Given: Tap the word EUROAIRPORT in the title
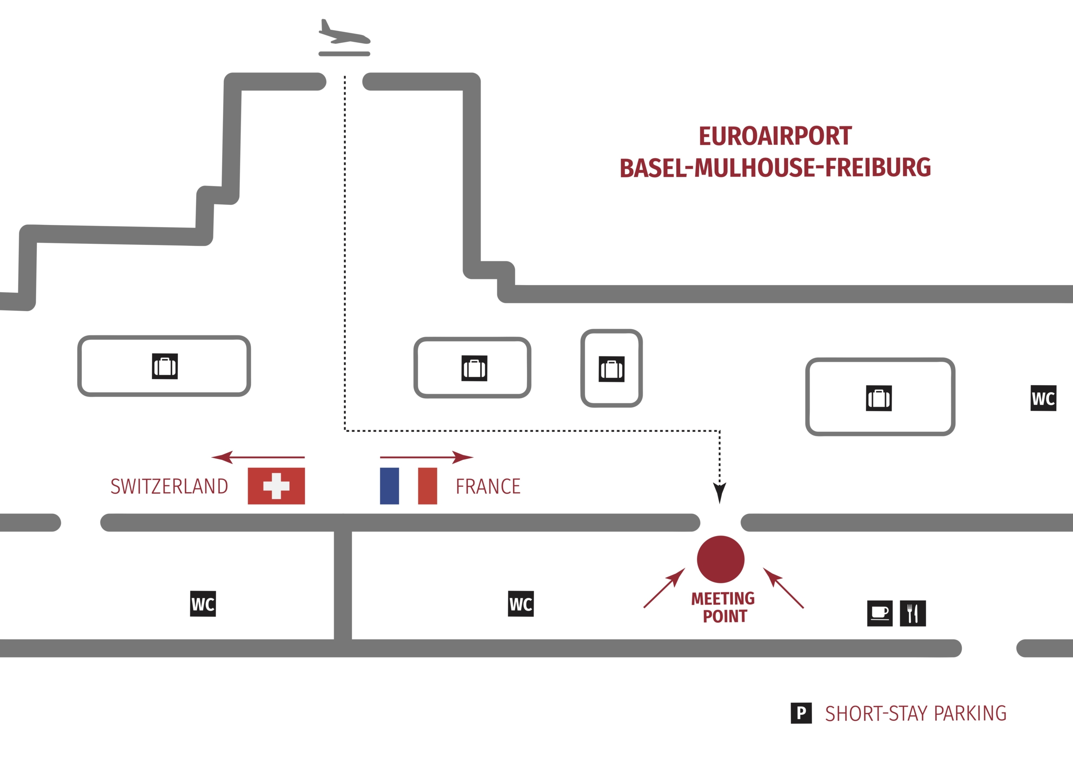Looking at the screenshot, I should click(775, 137).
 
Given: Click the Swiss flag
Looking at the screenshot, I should click(276, 486).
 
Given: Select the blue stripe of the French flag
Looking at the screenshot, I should click(389, 486).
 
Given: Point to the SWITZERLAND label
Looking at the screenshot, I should click(169, 486).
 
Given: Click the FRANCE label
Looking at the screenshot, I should click(488, 486).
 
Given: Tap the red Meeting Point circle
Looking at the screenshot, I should click(720, 559).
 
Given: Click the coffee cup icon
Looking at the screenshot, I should click(879, 613).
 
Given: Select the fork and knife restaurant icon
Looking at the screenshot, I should click(913, 613).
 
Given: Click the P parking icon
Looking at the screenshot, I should click(801, 713).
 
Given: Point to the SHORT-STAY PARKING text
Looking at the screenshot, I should click(915, 713).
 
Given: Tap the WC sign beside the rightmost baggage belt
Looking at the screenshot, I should click(1043, 398).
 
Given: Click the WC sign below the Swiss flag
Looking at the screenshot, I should click(203, 603).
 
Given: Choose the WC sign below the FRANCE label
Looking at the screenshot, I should click(521, 603).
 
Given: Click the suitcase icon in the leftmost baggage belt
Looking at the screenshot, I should click(164, 366).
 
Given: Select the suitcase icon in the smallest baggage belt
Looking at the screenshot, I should click(611, 369).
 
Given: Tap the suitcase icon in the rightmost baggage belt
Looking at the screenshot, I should click(879, 398).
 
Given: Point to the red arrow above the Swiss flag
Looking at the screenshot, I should click(258, 457).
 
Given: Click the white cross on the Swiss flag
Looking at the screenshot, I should click(276, 486).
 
